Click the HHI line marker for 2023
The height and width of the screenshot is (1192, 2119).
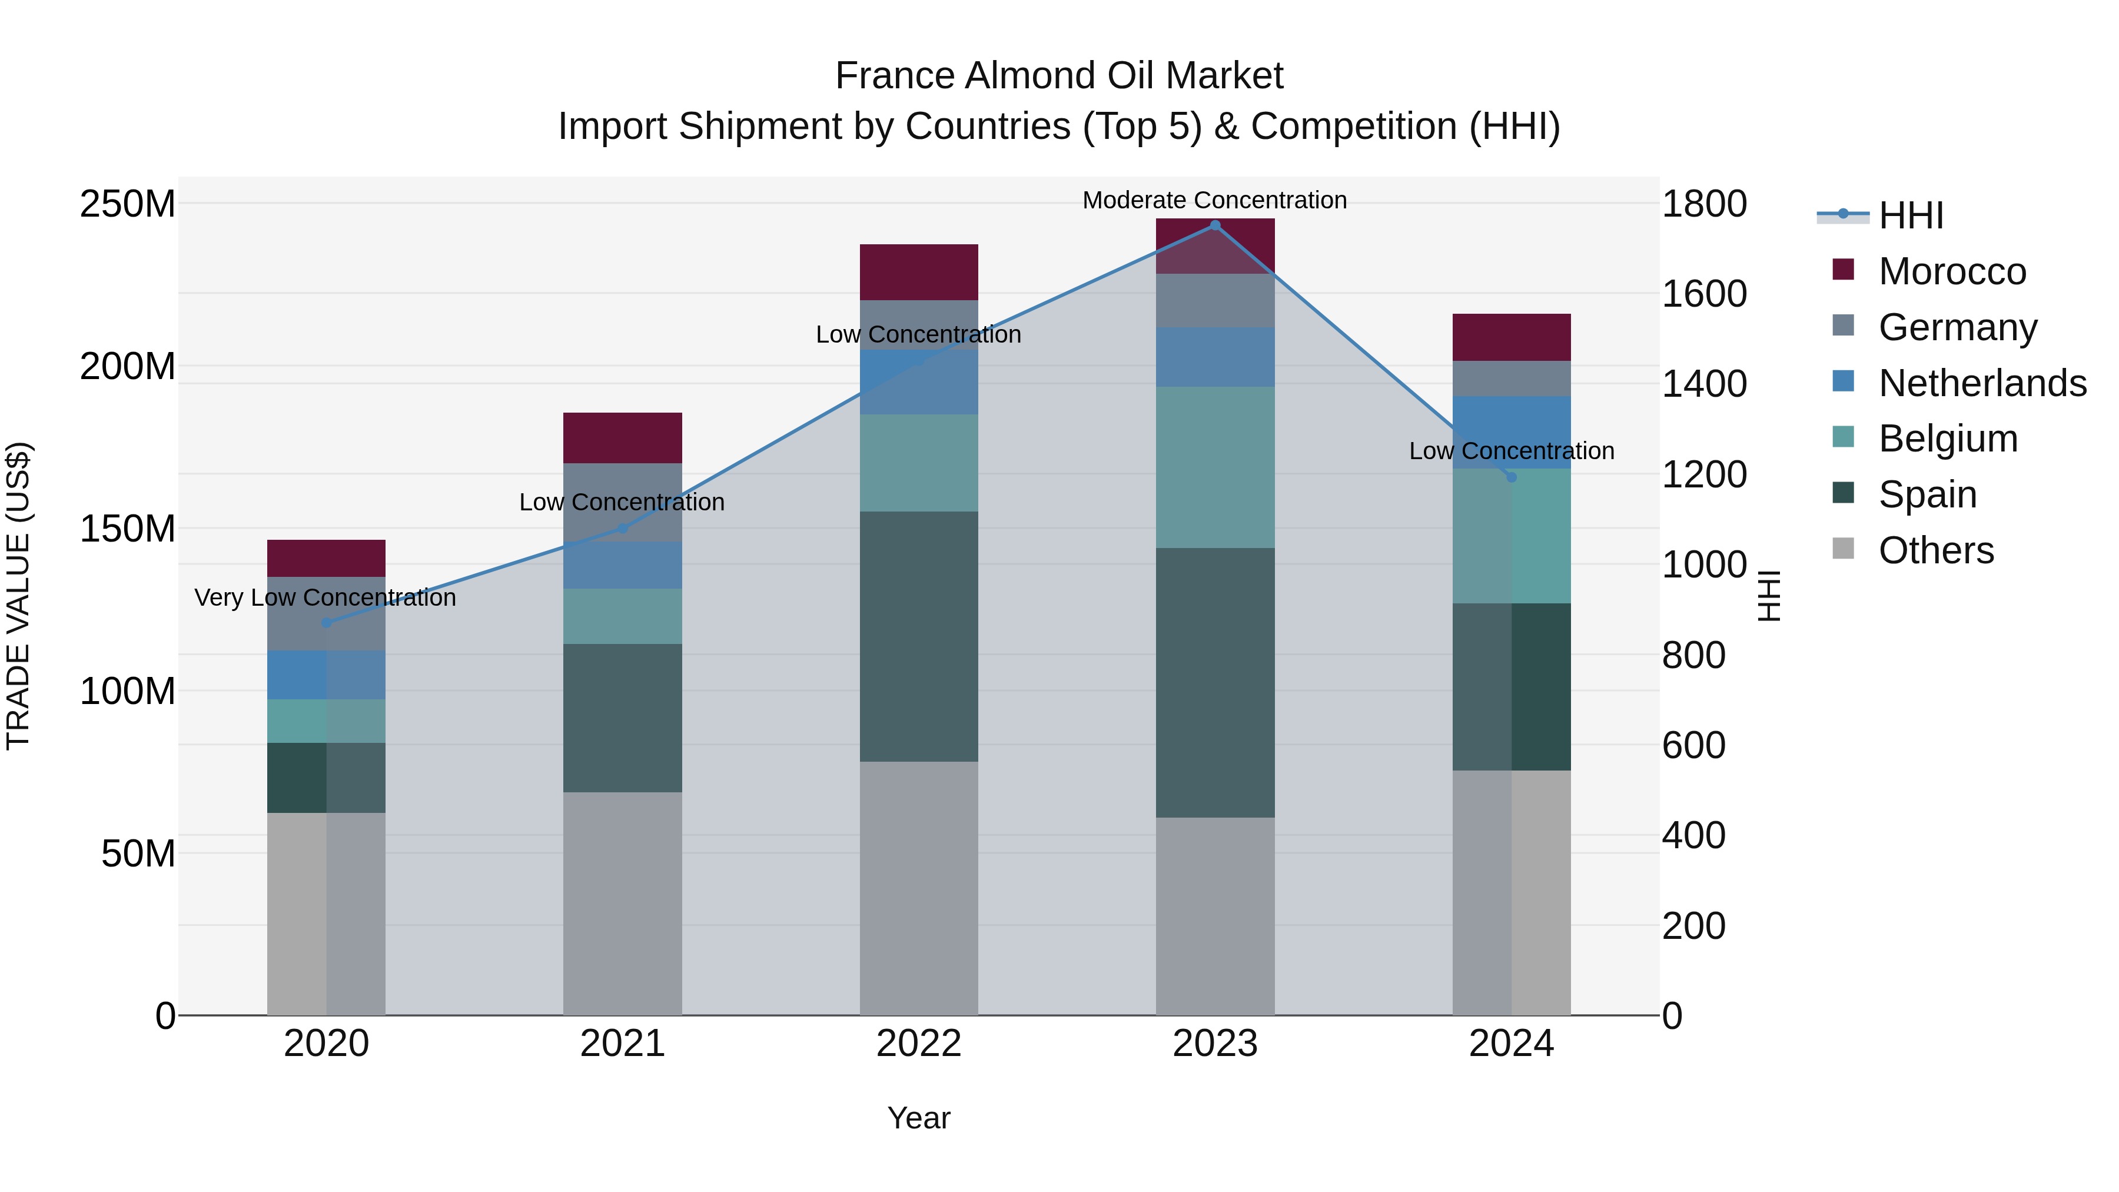1215,225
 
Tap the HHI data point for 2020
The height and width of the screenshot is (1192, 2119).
327,623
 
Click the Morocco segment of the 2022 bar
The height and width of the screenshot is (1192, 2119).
919,273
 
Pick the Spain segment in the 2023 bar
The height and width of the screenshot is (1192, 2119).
1215,683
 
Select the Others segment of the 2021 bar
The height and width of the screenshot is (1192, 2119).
623,903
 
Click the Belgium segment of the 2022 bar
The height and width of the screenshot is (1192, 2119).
919,463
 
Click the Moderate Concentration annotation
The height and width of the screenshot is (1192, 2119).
1214,201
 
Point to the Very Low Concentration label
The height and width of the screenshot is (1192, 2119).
325,598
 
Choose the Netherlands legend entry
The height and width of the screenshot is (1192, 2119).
1982,383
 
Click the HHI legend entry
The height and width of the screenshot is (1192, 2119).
1911,215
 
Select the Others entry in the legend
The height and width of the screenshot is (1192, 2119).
1937,550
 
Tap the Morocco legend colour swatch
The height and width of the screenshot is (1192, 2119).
1844,270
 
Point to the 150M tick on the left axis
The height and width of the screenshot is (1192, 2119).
128,529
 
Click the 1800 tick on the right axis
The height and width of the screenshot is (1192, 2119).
1705,204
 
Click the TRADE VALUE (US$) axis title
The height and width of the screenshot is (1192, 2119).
19,596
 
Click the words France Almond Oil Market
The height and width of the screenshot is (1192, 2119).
1059,76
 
